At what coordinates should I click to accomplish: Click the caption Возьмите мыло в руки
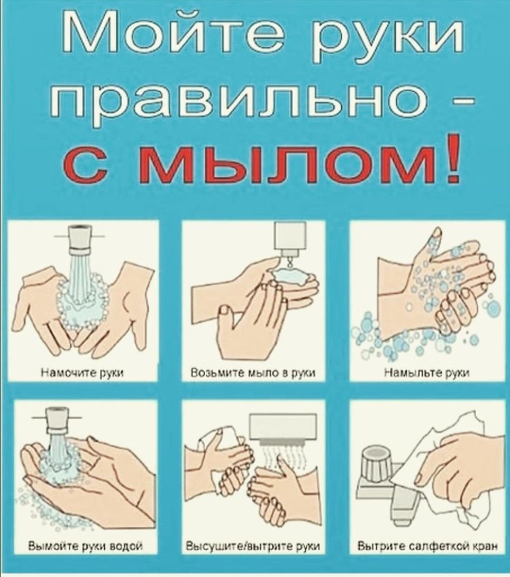[253, 373]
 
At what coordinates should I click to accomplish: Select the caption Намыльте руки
[426, 373]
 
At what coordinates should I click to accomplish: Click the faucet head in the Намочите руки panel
[80, 240]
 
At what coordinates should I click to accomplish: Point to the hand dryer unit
[283, 428]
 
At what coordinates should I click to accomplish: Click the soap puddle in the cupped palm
[290, 275]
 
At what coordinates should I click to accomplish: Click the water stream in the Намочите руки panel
[80, 280]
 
